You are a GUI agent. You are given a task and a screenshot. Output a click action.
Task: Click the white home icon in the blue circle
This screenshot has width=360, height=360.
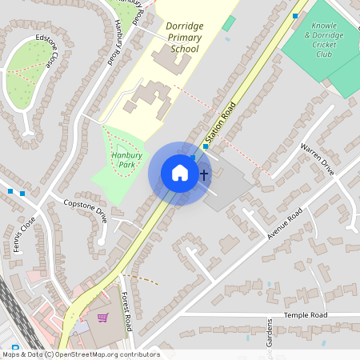[179, 173]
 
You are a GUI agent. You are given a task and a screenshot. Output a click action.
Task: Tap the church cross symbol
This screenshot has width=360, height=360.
[204, 174]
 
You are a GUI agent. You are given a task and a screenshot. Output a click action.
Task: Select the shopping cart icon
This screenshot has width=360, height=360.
[102, 318]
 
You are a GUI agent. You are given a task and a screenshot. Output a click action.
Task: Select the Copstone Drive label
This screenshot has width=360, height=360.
[85, 210]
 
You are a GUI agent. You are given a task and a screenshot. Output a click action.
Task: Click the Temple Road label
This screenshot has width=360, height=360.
[307, 316]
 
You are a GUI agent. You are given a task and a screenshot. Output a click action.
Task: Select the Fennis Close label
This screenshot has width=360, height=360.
[24, 234]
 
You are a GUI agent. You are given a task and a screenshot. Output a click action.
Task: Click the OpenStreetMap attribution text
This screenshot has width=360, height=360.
[80, 354]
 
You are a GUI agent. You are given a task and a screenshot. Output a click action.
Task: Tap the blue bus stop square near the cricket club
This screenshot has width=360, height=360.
[295, 15]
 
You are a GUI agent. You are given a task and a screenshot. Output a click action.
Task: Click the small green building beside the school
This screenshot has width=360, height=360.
[229, 22]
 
